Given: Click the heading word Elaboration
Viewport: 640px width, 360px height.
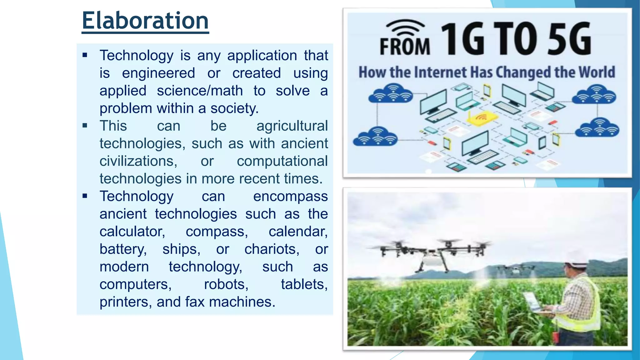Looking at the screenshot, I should click(145, 21).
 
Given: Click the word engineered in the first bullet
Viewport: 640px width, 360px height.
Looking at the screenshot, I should click(158, 73).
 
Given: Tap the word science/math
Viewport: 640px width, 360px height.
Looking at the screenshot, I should click(200, 91).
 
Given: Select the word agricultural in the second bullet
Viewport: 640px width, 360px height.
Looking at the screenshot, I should click(292, 126).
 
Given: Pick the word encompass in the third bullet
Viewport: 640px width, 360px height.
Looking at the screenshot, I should click(290, 197).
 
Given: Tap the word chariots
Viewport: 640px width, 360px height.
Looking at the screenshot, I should click(272, 249).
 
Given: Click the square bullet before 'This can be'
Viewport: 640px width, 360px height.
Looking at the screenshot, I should click(85, 126).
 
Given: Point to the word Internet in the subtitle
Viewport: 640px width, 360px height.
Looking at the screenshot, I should click(441, 72).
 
